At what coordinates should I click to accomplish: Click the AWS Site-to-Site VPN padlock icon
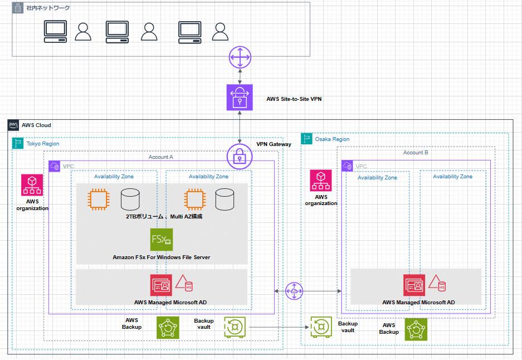[240, 98]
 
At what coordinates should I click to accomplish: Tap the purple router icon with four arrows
[240, 57]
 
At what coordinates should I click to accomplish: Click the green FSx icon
[162, 240]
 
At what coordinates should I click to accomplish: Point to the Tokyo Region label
[42, 144]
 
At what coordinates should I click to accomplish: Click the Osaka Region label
[332, 139]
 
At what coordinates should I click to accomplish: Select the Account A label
[160, 157]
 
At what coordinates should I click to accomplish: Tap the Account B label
[416, 152]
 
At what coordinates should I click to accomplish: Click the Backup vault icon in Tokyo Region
[235, 327]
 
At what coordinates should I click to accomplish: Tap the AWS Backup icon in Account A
[168, 328]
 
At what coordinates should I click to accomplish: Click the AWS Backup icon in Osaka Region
[416, 329]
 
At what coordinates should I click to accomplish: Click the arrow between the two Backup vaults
[279, 328]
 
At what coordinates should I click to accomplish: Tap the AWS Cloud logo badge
[13, 125]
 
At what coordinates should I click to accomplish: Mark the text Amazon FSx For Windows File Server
[161, 257]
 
